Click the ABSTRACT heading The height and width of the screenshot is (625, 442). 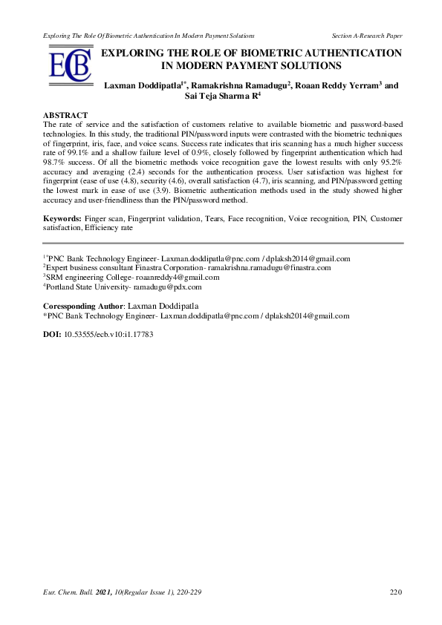(x=66, y=117)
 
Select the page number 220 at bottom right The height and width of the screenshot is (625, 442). (x=396, y=592)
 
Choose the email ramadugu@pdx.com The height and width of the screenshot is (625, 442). (x=168, y=286)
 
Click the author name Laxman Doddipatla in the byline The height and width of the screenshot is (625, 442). (x=143, y=85)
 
